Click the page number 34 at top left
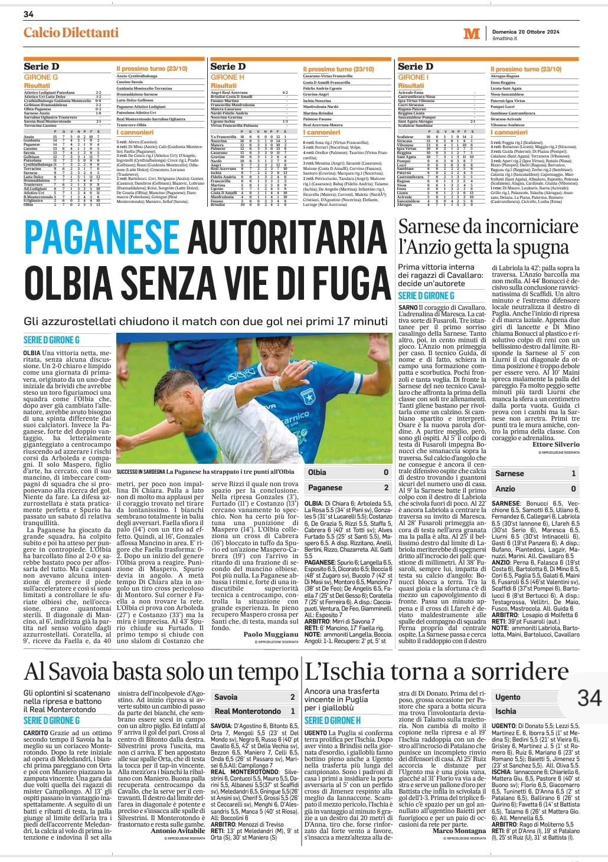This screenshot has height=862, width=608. coord(28,14)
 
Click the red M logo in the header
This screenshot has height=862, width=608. coord(471,34)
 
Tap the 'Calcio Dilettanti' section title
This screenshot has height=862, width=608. coord(71,32)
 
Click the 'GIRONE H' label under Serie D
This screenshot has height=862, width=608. coord(227,77)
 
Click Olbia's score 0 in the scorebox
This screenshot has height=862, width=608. coord(386,472)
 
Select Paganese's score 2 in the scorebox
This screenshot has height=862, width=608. coord(386,487)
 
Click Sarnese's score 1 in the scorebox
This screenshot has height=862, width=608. coord(573,473)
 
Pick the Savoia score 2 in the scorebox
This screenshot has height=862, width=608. coord(292,697)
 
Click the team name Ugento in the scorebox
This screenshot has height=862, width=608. coord(508,697)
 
